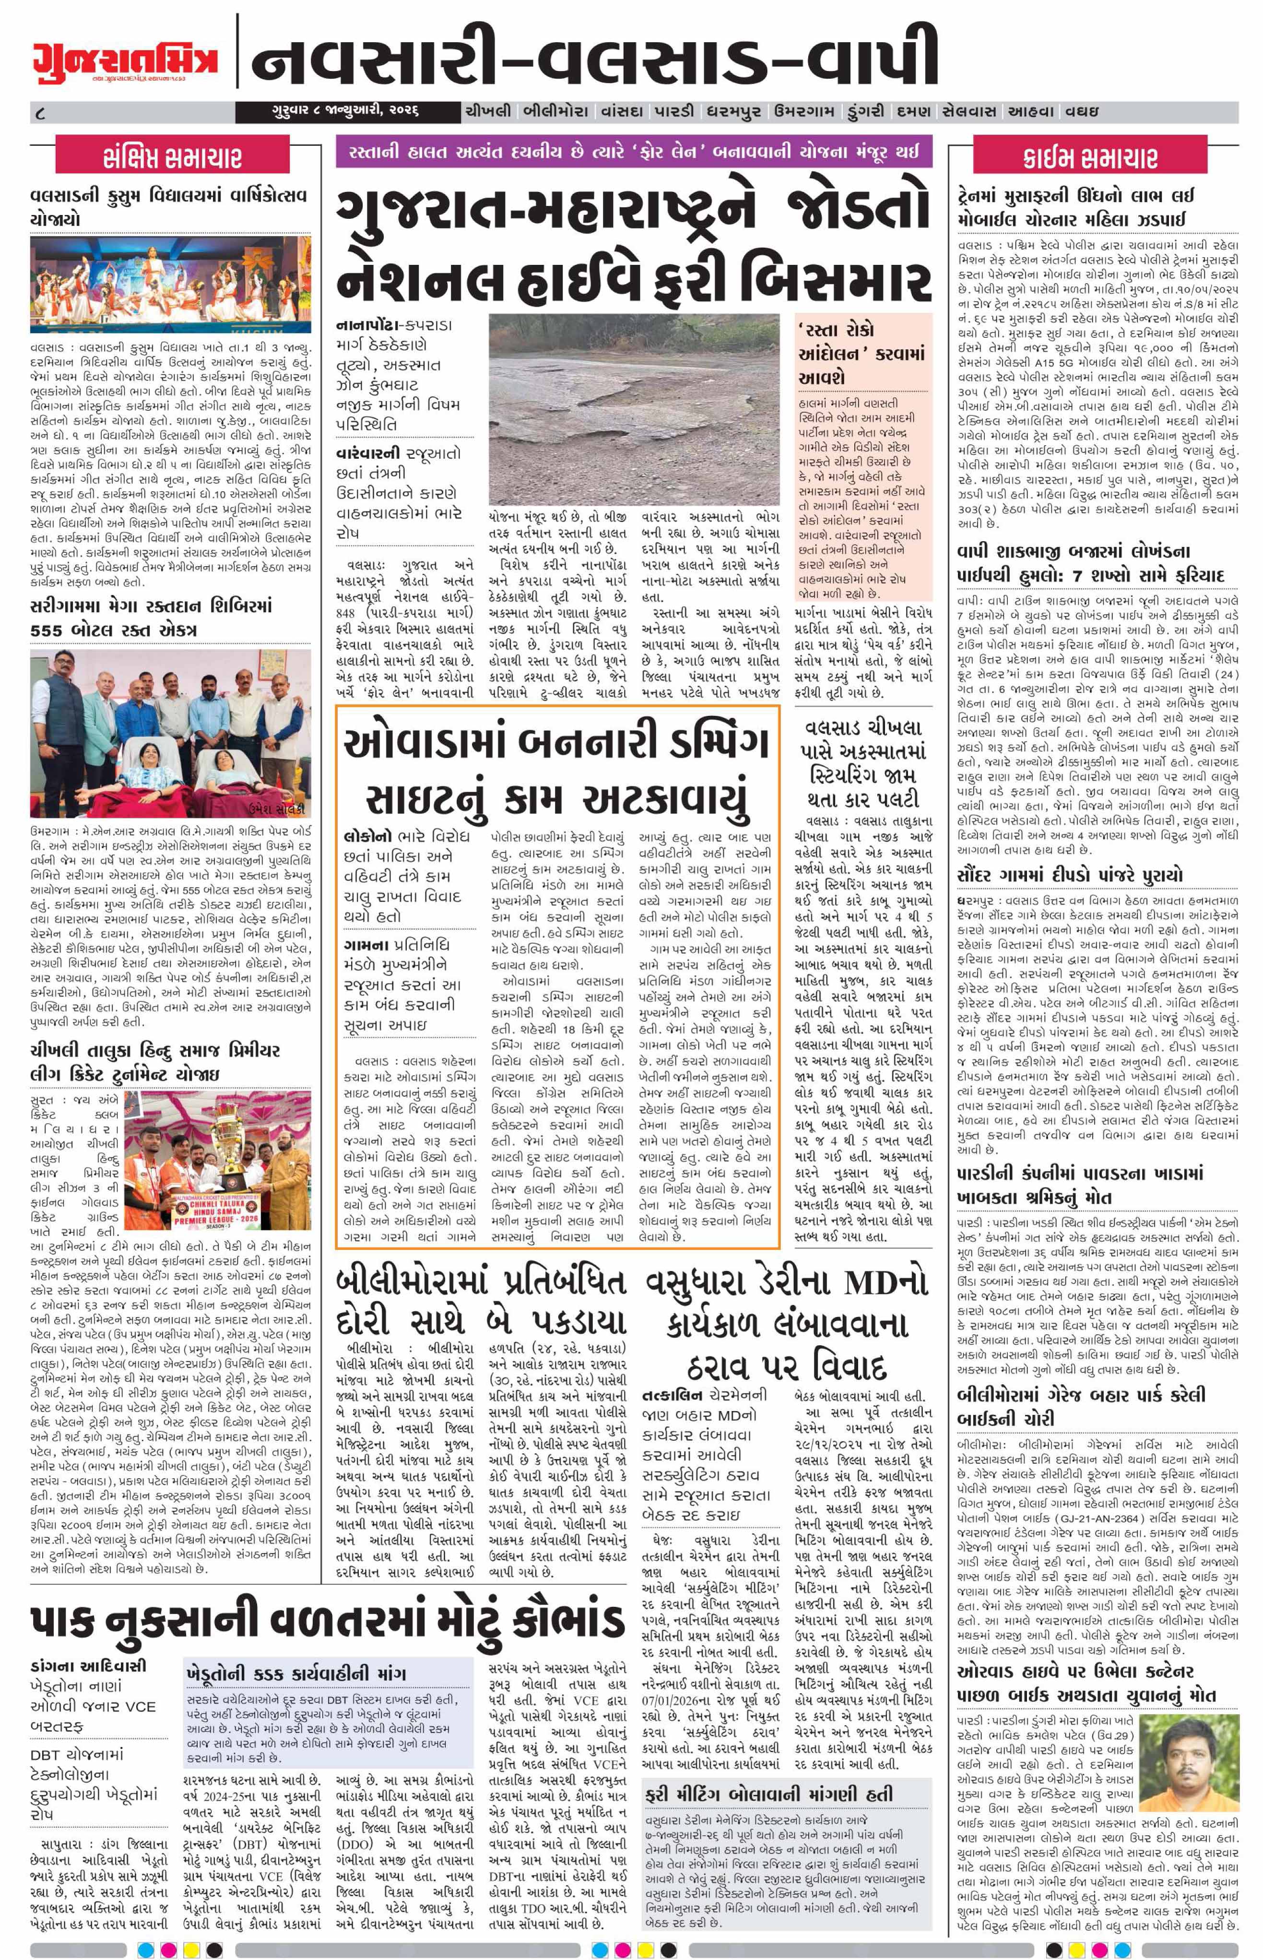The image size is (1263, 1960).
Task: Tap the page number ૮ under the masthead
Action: (41, 111)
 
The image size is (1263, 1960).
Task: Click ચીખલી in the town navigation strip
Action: (487, 111)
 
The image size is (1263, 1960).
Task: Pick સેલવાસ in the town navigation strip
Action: (969, 111)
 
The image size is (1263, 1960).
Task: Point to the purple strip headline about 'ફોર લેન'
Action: (633, 152)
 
